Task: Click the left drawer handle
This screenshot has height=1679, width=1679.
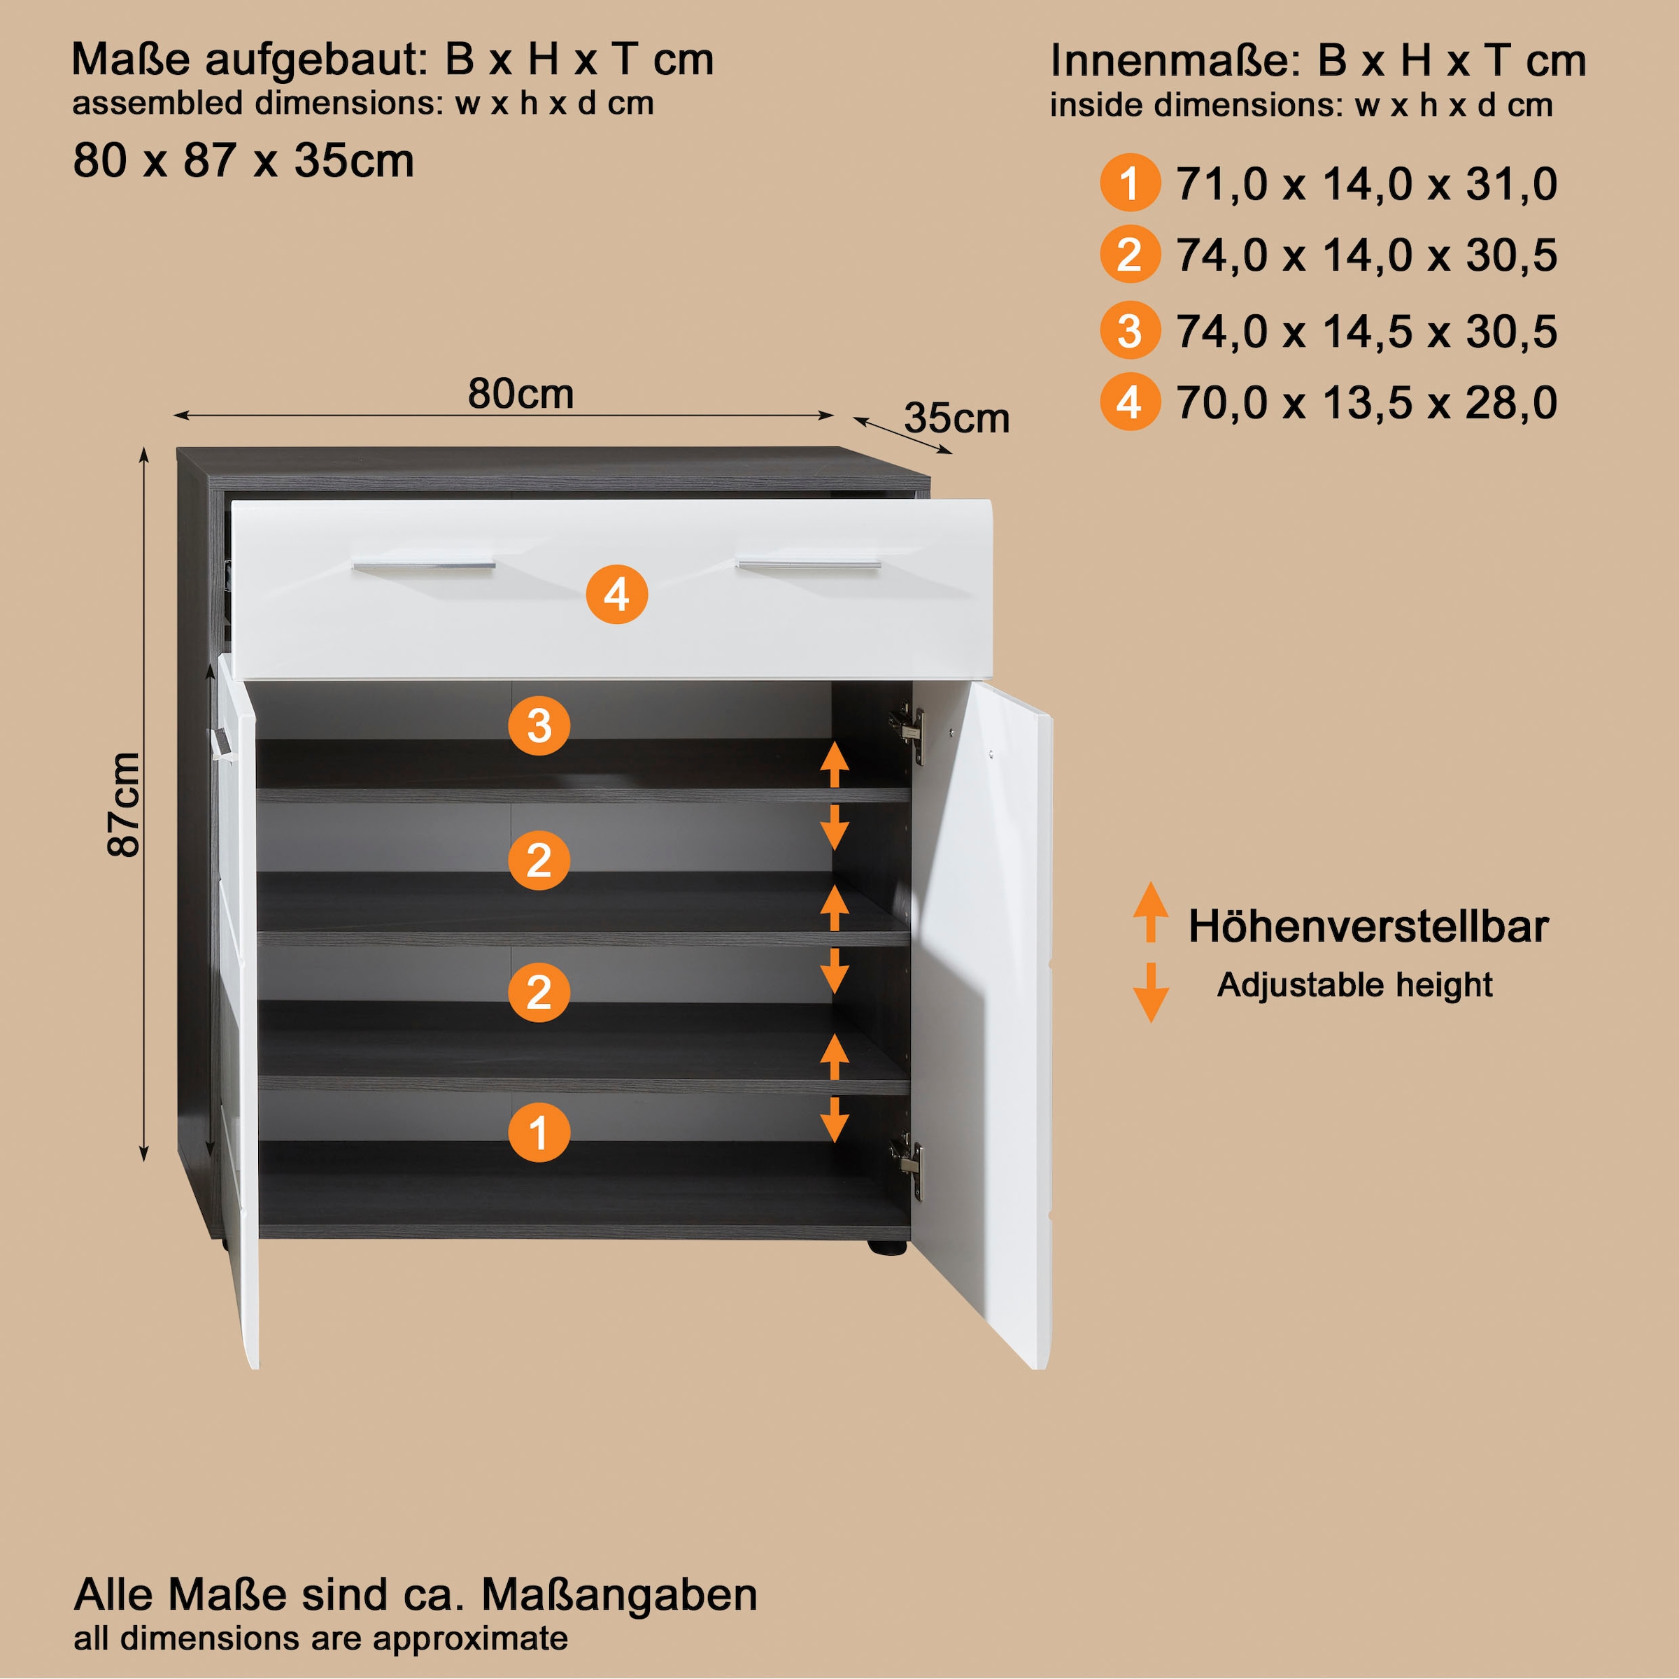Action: click(423, 567)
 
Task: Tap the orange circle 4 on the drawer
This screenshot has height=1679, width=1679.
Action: click(616, 595)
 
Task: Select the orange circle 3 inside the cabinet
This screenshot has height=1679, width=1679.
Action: click(539, 725)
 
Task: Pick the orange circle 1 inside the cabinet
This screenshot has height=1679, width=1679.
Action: click(539, 1133)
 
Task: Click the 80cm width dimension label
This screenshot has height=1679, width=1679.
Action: click(520, 394)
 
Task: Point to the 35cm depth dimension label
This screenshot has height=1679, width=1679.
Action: click(957, 418)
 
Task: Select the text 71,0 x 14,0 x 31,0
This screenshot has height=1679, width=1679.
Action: click(1366, 184)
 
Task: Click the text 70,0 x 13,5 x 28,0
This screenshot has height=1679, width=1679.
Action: click(1366, 403)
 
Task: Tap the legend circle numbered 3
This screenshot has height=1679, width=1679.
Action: click(1130, 330)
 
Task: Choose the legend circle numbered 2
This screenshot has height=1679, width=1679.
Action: click(1130, 254)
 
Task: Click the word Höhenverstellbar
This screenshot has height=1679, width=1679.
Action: click(1368, 926)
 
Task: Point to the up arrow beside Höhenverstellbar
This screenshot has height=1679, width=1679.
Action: click(1151, 912)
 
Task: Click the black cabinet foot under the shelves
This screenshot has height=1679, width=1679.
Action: click(887, 1247)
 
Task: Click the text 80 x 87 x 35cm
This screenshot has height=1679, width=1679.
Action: click(243, 161)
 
